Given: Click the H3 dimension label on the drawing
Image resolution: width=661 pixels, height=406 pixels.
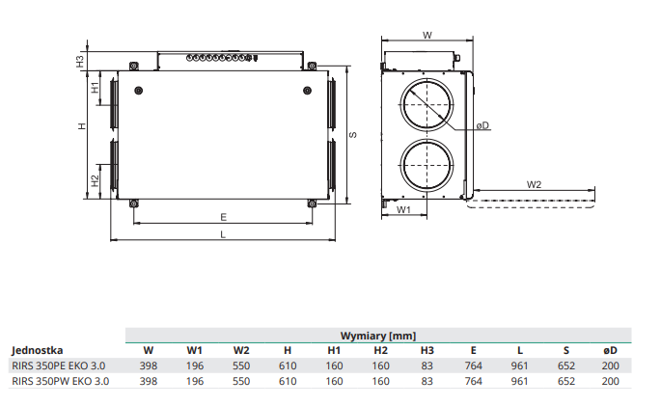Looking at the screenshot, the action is (80, 62).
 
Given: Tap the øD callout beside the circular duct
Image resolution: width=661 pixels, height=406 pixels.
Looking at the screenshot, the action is (482, 125).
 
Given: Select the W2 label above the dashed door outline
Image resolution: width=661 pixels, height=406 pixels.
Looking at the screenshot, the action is (534, 184).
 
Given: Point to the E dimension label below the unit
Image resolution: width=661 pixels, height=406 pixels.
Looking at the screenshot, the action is (224, 217).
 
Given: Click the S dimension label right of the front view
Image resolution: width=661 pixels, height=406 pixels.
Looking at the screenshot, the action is (353, 135).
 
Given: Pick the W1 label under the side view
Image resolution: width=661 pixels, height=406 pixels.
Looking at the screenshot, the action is (403, 209).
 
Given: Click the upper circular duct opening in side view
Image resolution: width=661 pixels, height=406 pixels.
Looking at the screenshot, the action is (427, 104).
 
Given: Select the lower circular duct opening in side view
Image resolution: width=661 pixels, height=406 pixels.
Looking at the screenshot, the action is (427, 165).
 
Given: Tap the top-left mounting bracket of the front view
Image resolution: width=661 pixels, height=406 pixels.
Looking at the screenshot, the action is (133, 67).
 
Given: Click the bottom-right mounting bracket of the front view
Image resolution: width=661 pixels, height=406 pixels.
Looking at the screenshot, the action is (312, 203).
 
